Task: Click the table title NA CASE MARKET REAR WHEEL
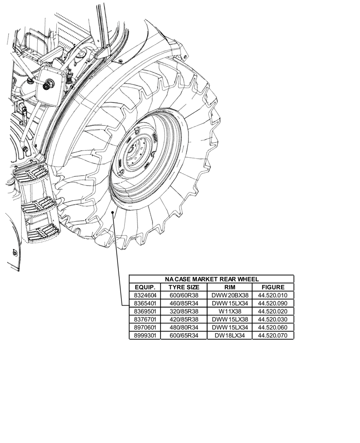(211, 279)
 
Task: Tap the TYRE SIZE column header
(184, 287)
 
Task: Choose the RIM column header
(230, 287)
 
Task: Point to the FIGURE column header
(273, 287)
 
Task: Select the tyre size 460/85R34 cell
(184, 303)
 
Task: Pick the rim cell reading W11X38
(230, 311)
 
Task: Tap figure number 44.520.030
(273, 319)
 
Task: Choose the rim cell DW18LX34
(230, 335)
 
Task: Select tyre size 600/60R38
(184, 295)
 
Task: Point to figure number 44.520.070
(273, 335)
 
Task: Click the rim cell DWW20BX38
(230, 295)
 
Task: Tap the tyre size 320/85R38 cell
(184, 311)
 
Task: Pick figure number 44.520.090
(273, 303)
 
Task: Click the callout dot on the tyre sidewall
(114, 213)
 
